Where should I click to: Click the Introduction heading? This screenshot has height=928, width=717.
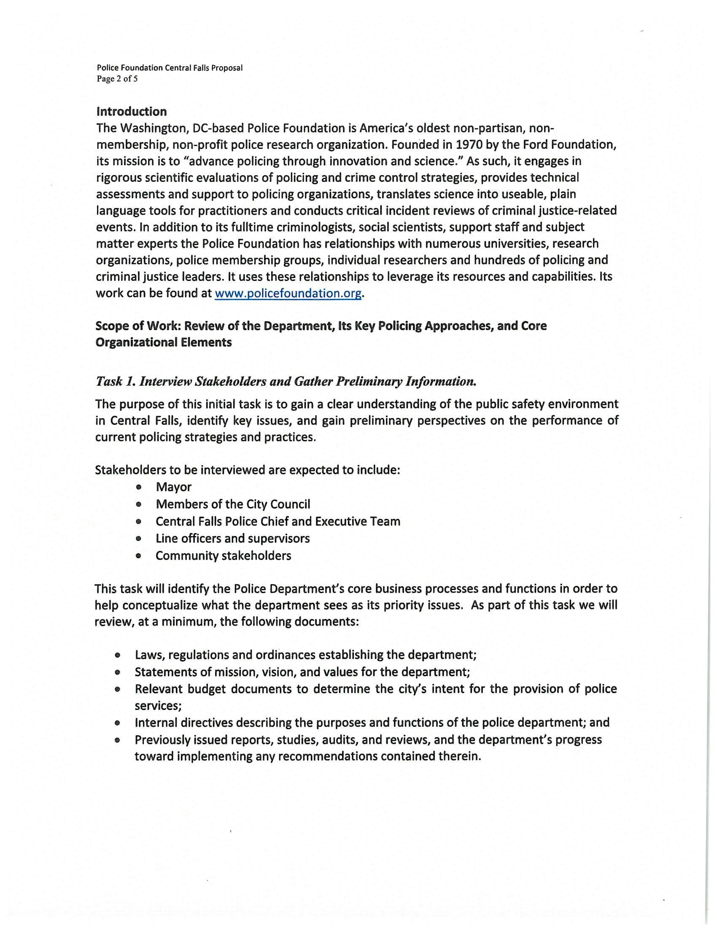click(131, 112)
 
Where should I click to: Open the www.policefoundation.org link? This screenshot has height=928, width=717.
click(288, 293)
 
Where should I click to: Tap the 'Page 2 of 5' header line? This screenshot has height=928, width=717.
click(117, 78)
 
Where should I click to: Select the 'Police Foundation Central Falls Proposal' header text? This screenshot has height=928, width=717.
click(170, 68)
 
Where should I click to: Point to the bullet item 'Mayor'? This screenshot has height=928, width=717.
click(173, 487)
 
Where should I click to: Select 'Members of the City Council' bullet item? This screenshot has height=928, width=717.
click(233, 504)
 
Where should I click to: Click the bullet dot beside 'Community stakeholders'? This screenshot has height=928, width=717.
click(138, 556)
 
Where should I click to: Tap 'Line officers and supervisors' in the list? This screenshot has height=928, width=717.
click(232, 539)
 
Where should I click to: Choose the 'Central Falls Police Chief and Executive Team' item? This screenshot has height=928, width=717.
click(278, 521)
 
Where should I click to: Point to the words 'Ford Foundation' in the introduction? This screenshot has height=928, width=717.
click(570, 145)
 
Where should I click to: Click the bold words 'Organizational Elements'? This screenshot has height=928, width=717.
click(164, 343)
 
